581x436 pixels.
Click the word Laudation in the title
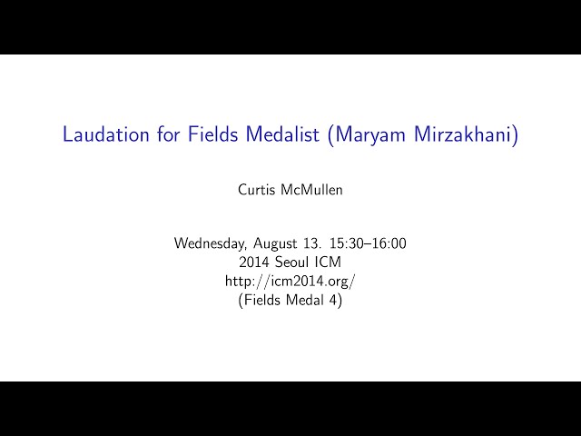[x=106, y=134]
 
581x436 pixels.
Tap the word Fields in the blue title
[x=213, y=134]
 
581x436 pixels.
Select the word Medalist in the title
[x=282, y=134]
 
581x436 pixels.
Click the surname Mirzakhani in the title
[x=466, y=135]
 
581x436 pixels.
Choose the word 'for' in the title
[x=169, y=134]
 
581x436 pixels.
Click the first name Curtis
[x=256, y=190]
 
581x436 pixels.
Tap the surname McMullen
[x=311, y=190]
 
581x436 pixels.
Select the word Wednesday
[x=210, y=243]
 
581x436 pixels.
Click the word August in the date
[x=275, y=243]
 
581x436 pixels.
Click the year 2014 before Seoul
[x=253, y=263]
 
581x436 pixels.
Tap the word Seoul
[x=292, y=263]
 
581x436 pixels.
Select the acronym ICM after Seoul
[x=329, y=263]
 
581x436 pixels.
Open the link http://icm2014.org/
[x=290, y=282]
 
